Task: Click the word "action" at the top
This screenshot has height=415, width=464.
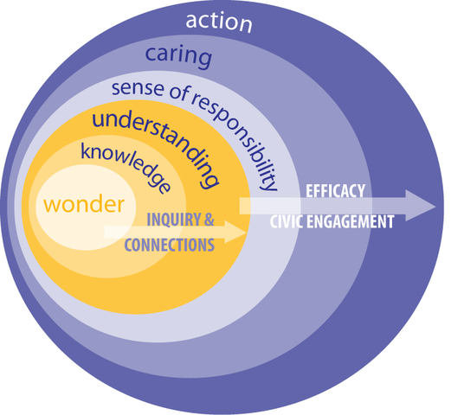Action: pyautogui.click(x=219, y=22)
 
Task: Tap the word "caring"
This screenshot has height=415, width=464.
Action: pyautogui.click(x=178, y=55)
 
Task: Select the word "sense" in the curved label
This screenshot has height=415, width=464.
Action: pyautogui.click(x=138, y=88)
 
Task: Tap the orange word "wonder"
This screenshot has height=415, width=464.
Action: pyautogui.click(x=84, y=204)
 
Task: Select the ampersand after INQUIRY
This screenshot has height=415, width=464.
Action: pyautogui.click(x=209, y=220)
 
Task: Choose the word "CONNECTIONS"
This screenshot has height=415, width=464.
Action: pyautogui.click(x=170, y=245)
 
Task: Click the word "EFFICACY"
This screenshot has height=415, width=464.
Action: pyautogui.click(x=335, y=191)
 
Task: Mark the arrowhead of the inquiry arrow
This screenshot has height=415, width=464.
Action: pyautogui.click(x=236, y=232)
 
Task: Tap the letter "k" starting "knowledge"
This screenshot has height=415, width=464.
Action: pyautogui.click(x=86, y=151)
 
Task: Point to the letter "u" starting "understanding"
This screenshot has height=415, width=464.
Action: pyautogui.click(x=98, y=120)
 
